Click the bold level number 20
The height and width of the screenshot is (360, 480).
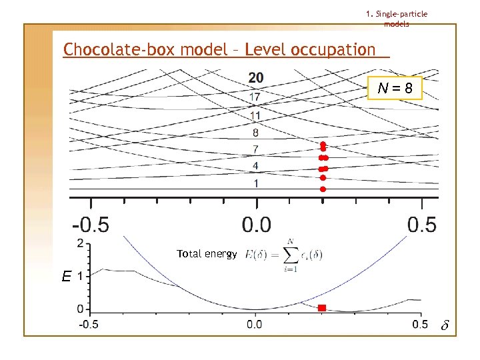pos(255,79)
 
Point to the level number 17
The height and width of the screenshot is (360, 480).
pos(255,97)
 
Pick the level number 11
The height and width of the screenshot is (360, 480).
pos(255,115)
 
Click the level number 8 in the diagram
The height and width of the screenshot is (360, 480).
pos(256,133)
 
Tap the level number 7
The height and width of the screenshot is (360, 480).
pos(256,149)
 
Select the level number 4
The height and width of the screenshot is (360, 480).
pos(256,165)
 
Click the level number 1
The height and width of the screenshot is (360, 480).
pos(256,183)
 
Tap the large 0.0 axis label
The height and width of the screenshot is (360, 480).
pos(256,224)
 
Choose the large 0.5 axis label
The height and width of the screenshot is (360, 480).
pos(422,224)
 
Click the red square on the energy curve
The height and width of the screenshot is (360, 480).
pos(322,307)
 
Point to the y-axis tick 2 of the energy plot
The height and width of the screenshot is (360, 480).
pos(81,243)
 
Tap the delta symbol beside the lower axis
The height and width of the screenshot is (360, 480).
pos(445,326)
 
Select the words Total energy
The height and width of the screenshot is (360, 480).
pos(207,254)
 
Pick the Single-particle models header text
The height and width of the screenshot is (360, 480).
pos(397,19)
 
